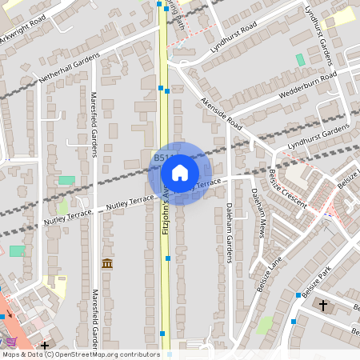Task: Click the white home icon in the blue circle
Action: coord(180,173)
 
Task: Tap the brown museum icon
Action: coord(106,263)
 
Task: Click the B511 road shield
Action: coord(161,159)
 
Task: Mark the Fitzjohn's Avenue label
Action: coord(166,208)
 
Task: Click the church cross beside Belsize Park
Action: coord(323,305)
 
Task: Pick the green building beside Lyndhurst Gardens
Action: coord(300,60)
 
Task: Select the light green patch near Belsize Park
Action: coord(265,325)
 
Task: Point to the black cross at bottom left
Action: coord(45,346)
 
